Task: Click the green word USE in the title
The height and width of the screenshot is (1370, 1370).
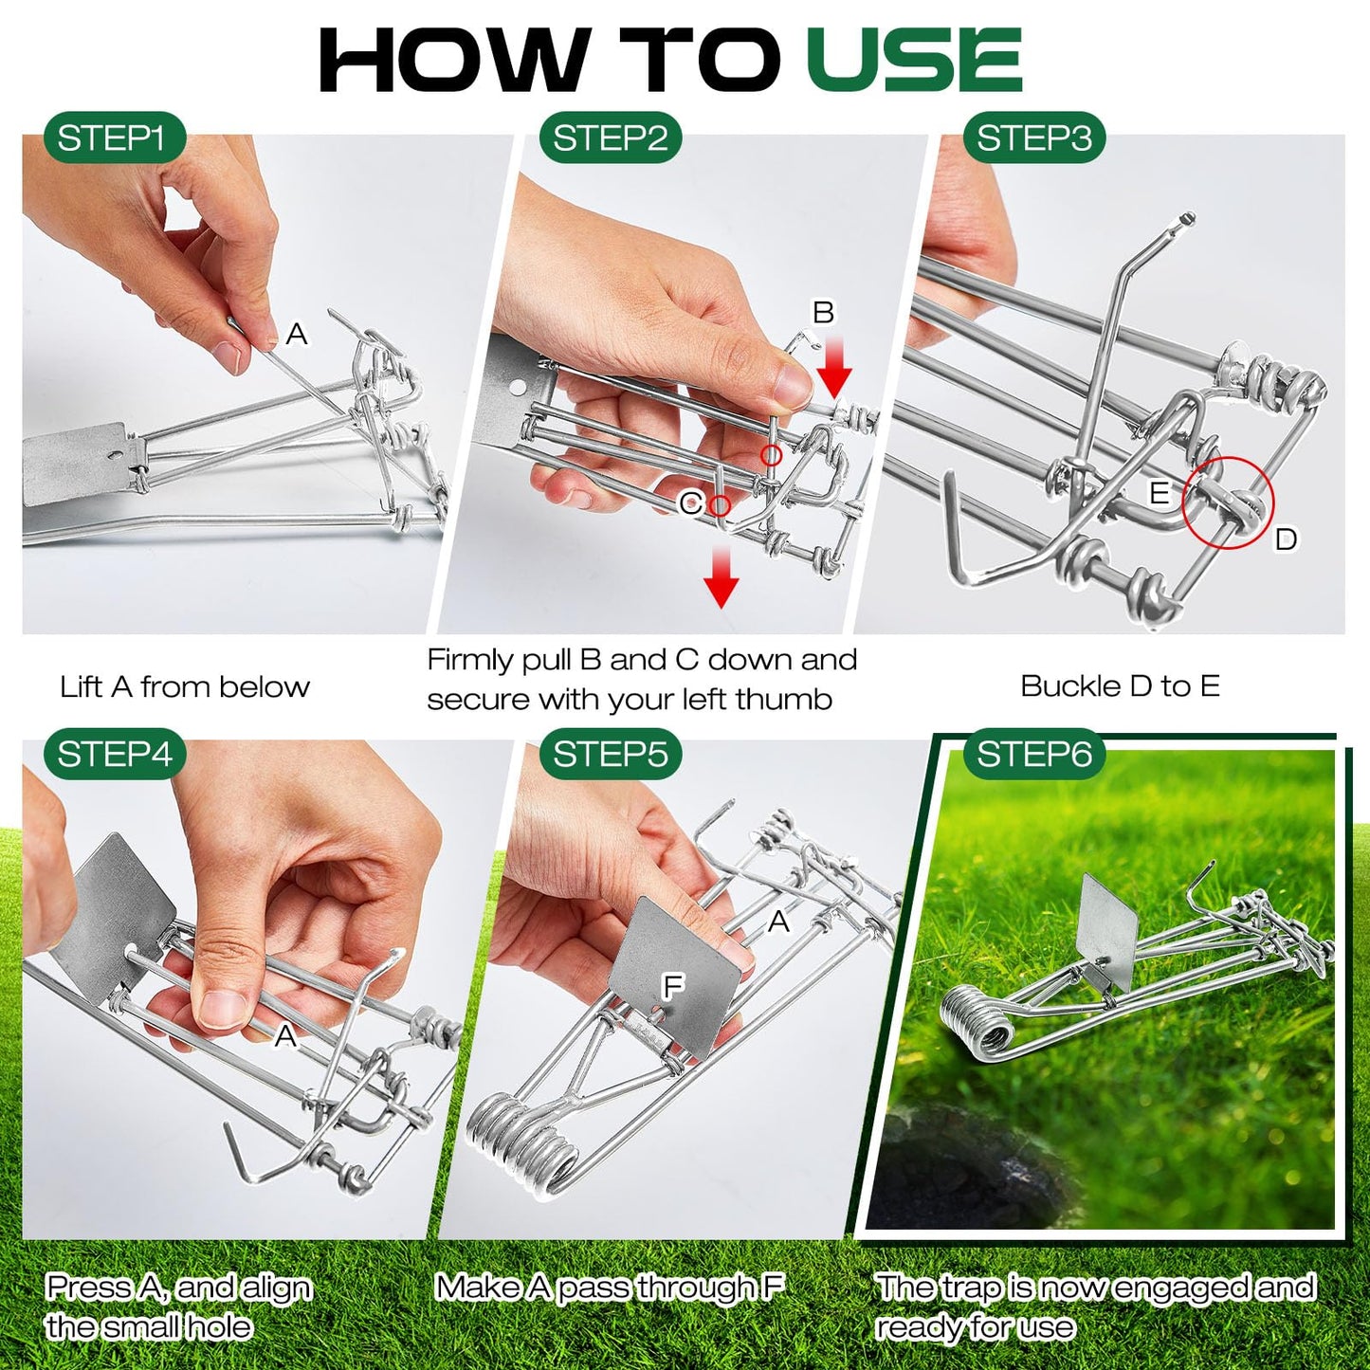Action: click(914, 60)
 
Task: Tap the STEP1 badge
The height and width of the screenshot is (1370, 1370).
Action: click(112, 138)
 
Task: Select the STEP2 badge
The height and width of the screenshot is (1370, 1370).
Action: click(611, 138)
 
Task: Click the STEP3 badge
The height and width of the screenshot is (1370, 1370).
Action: click(1034, 138)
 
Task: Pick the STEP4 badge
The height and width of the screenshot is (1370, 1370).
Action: click(114, 755)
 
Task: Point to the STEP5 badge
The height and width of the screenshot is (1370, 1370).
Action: click(611, 755)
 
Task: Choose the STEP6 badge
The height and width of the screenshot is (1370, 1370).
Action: click(1034, 755)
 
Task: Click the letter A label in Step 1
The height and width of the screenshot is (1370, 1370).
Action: click(297, 335)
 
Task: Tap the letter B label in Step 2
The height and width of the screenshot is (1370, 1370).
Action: click(823, 312)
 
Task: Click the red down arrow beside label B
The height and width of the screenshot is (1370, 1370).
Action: click(834, 372)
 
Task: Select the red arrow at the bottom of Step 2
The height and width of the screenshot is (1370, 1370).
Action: click(722, 579)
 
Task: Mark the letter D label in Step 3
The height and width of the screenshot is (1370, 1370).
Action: click(1286, 539)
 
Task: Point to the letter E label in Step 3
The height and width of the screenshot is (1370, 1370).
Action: click(1159, 493)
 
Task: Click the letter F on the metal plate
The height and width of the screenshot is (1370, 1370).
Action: click(672, 987)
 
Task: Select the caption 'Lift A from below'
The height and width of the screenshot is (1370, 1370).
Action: click(185, 686)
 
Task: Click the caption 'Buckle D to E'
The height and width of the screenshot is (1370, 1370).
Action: click(1120, 685)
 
